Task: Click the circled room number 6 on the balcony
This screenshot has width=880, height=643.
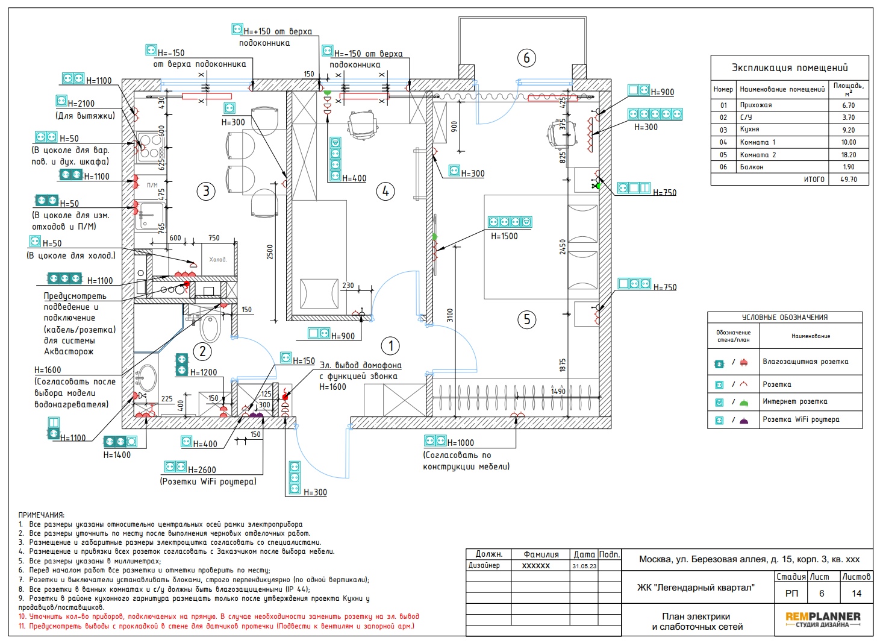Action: (526, 58)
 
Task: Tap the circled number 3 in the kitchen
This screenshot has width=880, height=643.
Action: (206, 192)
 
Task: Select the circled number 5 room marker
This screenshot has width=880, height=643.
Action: (527, 319)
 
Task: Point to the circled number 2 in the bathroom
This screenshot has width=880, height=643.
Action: (202, 351)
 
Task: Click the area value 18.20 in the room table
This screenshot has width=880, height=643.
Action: (849, 155)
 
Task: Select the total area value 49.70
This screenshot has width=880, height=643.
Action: (849, 180)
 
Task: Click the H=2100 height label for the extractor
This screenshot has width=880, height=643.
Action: (81, 104)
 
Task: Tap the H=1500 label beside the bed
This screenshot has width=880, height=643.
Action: (504, 236)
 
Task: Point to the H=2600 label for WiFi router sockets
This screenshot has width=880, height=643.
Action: (202, 469)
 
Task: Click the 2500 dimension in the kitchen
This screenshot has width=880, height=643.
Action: (270, 252)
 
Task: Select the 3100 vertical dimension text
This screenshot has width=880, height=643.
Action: (450, 315)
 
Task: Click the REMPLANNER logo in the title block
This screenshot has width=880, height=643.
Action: (823, 616)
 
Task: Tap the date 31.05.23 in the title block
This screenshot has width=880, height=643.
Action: (584, 566)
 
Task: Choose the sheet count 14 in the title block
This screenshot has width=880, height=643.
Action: (857, 594)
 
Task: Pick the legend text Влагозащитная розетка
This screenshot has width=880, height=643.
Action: (805, 362)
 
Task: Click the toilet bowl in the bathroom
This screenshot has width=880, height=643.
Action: (211, 328)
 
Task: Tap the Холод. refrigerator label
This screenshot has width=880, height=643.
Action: (218, 259)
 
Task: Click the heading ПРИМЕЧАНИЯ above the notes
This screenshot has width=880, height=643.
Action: (41, 515)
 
